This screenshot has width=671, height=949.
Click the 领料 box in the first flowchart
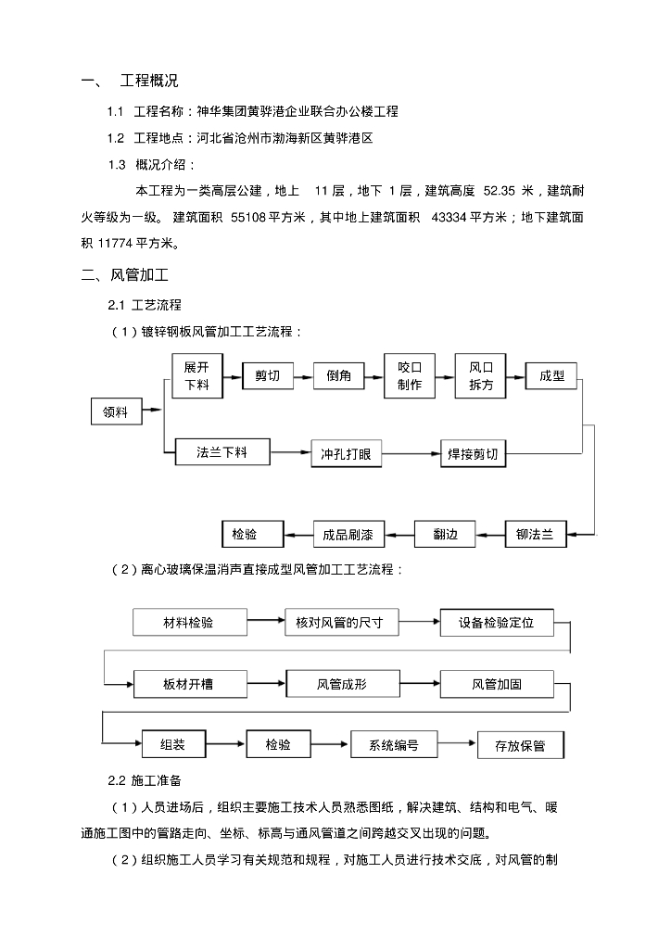coord(116,411)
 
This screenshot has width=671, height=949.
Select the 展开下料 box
coord(196,376)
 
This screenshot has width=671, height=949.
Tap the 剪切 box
coord(267,376)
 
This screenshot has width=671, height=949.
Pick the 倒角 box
coord(339,376)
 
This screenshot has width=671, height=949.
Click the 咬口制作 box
coord(410,376)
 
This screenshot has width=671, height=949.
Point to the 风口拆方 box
coord(481,376)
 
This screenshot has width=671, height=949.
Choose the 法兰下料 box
coord(222,452)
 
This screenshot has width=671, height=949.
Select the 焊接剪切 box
coord(473,455)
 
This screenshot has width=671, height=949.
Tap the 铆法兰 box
coord(535,535)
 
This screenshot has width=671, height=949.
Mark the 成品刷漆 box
coord(348,535)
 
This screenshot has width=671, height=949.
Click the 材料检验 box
coord(188,623)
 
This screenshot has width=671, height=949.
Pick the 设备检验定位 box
coord(497,623)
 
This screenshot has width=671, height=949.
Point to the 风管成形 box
coord(342,685)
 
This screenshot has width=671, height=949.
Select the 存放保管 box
coord(520,746)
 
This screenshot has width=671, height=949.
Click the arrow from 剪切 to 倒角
coord(302,376)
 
